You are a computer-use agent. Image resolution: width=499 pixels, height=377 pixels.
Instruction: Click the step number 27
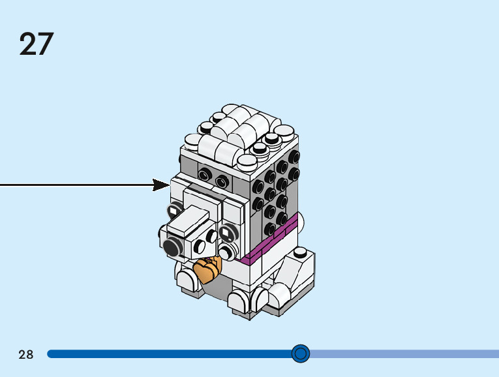coord(37,44)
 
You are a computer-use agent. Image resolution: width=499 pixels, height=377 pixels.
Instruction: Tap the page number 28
coord(26,354)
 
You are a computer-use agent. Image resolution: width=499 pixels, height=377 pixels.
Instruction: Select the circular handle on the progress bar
coord(301,354)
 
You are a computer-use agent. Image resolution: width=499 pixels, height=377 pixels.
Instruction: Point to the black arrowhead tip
coord(170,185)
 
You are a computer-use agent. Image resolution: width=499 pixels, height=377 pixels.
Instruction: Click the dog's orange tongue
coord(207,269)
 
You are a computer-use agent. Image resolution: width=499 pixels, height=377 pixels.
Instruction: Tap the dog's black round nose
coord(172,247)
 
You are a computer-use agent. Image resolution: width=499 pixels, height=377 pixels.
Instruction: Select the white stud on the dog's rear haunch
coord(300,252)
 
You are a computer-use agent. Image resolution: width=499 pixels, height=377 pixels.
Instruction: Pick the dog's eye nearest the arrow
coord(174,210)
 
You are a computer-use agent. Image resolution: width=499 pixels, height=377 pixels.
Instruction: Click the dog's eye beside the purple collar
coord(227,233)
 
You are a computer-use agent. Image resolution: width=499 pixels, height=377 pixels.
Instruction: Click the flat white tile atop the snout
coord(188,220)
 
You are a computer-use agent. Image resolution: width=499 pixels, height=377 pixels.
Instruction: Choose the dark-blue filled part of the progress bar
coord(170,354)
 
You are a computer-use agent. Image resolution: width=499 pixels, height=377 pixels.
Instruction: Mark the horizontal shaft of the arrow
coord(77,185)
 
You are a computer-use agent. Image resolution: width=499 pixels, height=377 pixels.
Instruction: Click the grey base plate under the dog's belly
coord(217,287)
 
